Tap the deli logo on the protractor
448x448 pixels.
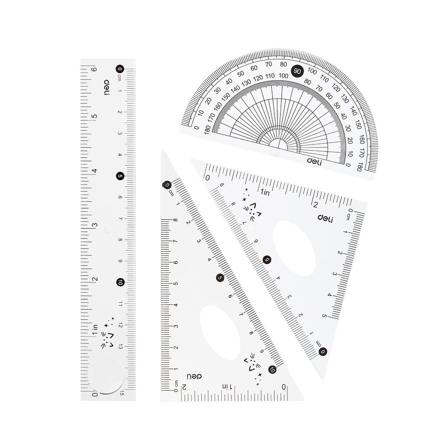[314, 162]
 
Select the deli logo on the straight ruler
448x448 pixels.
[106, 88]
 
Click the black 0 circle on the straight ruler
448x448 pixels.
[120, 69]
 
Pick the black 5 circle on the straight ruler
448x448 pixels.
[120, 176]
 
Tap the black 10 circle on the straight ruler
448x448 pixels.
[120, 282]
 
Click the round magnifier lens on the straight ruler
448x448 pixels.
[106, 376]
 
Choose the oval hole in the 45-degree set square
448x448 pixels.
[294, 248]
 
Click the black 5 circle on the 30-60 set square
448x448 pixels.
[220, 278]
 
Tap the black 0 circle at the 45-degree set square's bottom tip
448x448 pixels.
[323, 351]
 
